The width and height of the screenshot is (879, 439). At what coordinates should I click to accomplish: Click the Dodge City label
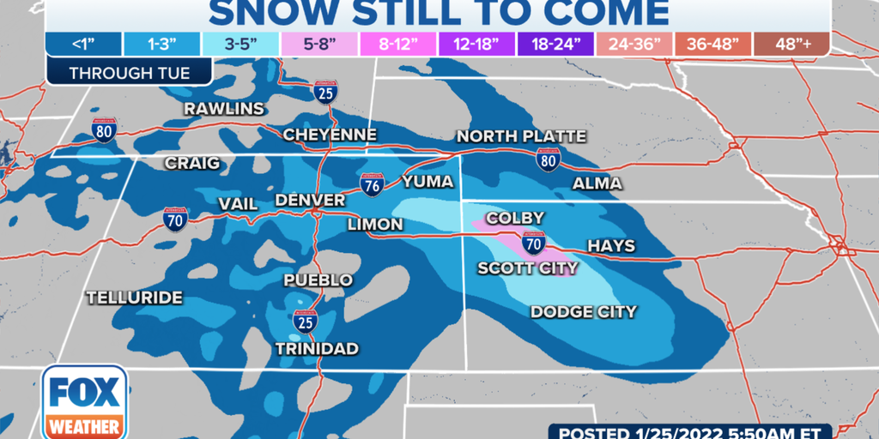[x=584, y=311]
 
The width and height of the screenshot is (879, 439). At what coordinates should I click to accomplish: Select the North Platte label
[x=521, y=136]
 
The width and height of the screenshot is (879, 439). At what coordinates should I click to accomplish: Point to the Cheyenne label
[x=330, y=135]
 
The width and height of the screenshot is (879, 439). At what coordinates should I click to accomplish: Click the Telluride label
[x=135, y=298]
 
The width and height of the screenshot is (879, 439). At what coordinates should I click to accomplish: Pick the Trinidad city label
[x=317, y=348]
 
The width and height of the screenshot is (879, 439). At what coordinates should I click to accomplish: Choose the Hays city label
[x=611, y=246]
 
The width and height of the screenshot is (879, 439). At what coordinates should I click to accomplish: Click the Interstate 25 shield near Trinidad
[x=305, y=321]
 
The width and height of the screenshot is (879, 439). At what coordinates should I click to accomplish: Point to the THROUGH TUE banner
[x=130, y=73]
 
